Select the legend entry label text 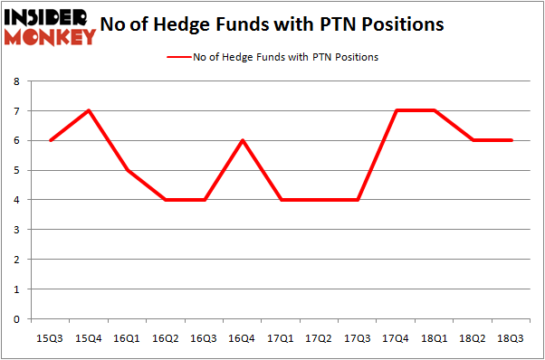point(285,57)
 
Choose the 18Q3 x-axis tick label point(508,338)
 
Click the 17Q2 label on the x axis point(319,338)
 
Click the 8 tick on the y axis point(17,81)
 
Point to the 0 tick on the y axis point(17,319)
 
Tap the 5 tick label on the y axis point(17,170)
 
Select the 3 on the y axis point(17,230)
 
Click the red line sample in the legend point(177,57)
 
